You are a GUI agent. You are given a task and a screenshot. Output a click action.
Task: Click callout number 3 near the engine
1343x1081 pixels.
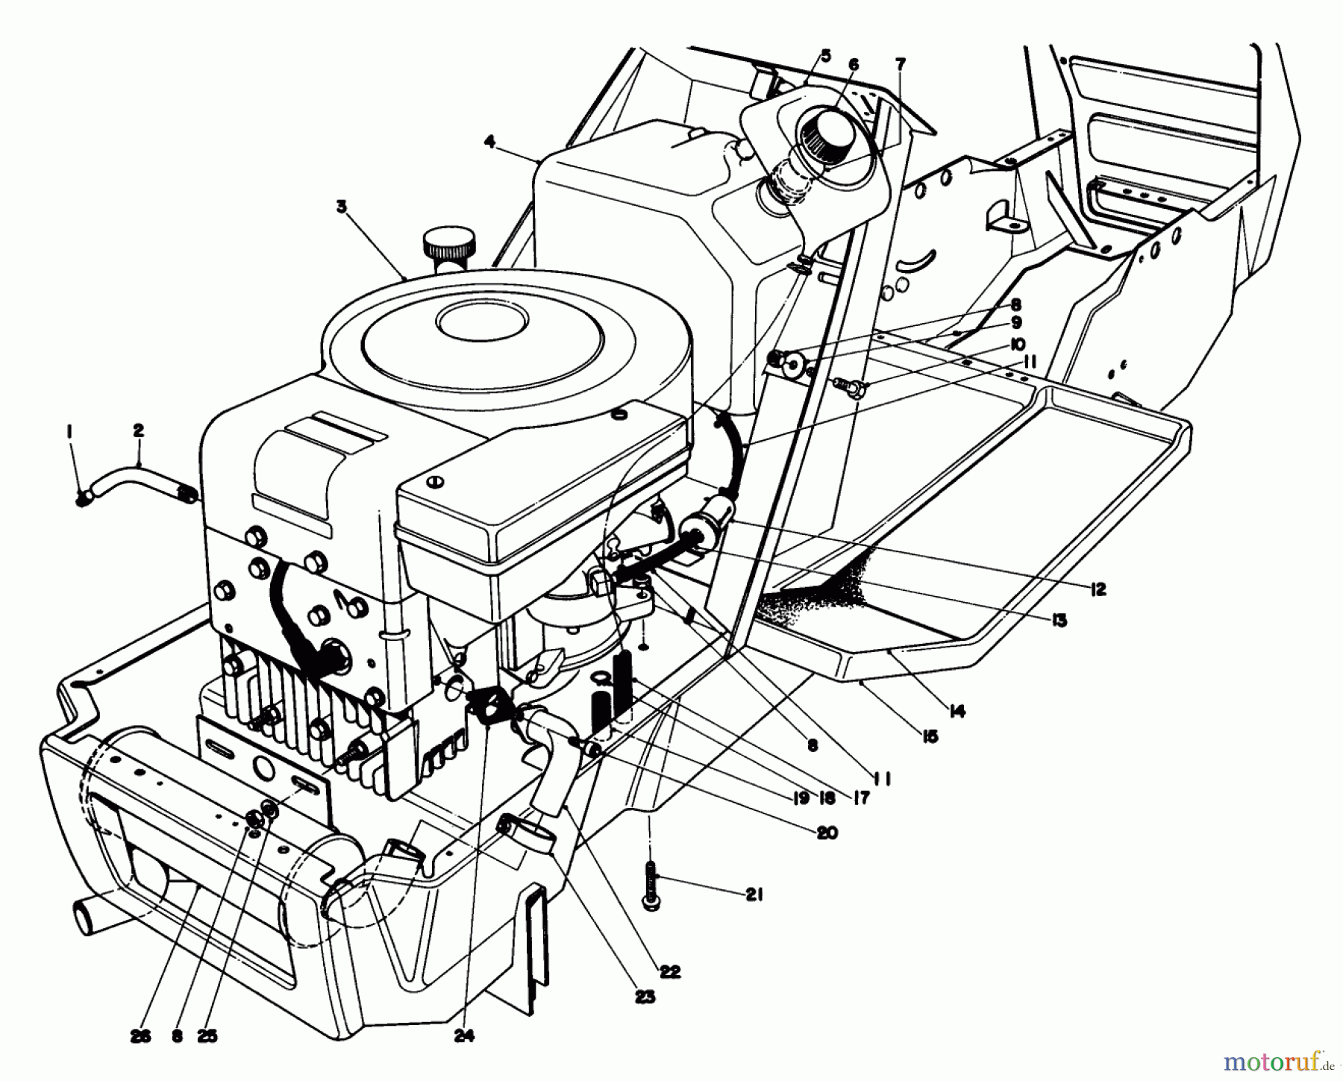tap(342, 207)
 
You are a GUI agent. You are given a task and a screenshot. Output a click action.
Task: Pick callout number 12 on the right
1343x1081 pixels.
tap(1097, 590)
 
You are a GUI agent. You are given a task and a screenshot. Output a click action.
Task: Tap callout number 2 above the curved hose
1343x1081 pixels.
tap(139, 430)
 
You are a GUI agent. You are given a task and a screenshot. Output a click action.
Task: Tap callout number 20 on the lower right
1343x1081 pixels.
tap(827, 833)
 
